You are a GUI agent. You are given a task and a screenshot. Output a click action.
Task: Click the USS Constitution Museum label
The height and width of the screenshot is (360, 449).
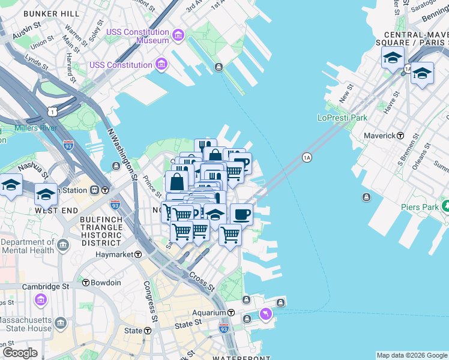(137, 35)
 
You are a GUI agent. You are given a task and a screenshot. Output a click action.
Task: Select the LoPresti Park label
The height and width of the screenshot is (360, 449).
(342, 118)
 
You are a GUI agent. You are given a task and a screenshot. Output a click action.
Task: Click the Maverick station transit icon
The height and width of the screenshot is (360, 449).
(400, 136)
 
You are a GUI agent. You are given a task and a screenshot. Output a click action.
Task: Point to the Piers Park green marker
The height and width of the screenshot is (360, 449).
(445, 206)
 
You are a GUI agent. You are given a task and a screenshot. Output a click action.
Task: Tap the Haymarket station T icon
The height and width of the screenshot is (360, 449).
(138, 254)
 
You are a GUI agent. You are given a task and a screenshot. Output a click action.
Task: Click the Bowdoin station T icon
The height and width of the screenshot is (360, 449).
(86, 283)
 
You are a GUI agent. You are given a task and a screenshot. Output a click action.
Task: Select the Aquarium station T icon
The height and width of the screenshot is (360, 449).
(231, 313)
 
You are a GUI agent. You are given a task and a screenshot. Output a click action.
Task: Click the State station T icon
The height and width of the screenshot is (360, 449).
(147, 331)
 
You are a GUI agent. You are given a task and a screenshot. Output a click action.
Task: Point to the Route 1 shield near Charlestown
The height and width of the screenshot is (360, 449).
(52, 112)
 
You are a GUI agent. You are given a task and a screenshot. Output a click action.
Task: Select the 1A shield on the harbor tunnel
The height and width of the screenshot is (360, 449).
(307, 157)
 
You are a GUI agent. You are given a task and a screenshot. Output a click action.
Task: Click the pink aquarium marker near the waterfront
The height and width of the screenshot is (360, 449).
(265, 314)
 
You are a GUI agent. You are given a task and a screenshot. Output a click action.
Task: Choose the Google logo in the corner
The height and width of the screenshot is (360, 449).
(20, 353)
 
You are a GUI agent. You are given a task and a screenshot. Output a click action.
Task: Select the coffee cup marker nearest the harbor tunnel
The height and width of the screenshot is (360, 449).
(241, 214)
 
